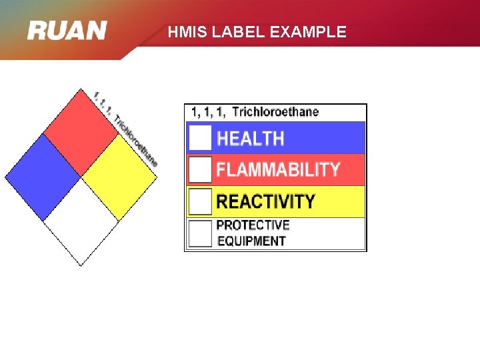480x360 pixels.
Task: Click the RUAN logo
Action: pyautogui.click(x=67, y=30)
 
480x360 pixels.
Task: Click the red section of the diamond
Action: pyautogui.click(x=81, y=129)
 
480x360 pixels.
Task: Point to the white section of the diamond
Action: pyautogui.click(x=81, y=221)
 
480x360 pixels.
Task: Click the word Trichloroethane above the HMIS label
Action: pyautogui.click(x=275, y=112)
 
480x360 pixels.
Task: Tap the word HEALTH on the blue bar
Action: pyautogui.click(x=251, y=139)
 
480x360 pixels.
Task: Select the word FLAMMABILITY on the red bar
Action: pyautogui.click(x=278, y=169)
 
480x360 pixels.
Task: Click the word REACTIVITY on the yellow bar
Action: pyautogui.click(x=265, y=201)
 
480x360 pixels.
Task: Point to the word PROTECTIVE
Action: pyautogui.click(x=253, y=225)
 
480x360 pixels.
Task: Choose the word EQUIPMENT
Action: pyautogui.click(x=251, y=241)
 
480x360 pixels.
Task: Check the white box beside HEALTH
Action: pyautogui.click(x=200, y=138)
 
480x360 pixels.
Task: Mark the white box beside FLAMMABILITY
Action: pyautogui.click(x=200, y=169)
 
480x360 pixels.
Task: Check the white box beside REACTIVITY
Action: pyautogui.click(x=200, y=201)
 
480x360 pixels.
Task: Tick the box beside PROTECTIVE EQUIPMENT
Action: pyautogui.click(x=200, y=233)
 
